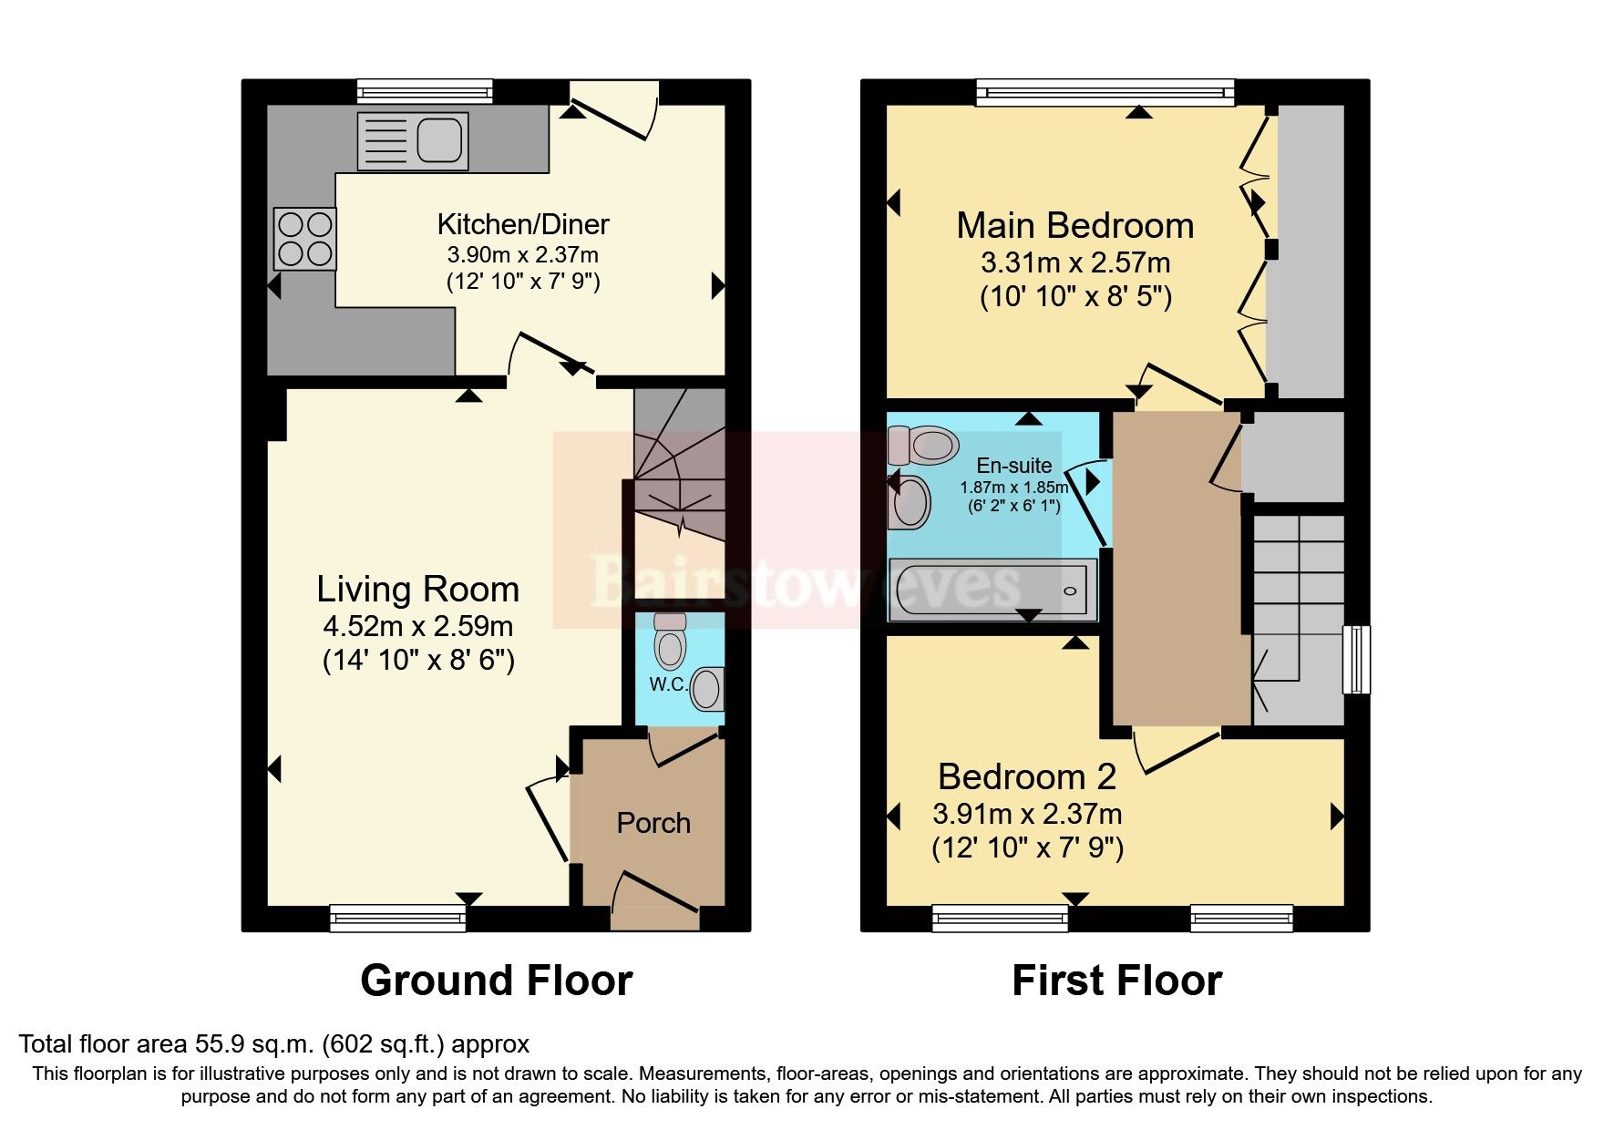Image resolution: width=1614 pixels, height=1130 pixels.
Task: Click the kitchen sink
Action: tap(413, 141)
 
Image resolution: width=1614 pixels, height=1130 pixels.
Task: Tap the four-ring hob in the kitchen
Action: tap(305, 239)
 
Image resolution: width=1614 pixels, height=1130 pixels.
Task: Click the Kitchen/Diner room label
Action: tap(522, 224)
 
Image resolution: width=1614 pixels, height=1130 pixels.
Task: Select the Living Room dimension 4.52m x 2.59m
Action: tap(417, 626)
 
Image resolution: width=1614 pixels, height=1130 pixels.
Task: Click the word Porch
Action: tap(653, 823)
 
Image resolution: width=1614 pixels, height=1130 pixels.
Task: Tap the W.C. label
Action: tap(668, 684)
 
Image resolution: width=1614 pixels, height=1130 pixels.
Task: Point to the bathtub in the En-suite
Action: tap(992, 590)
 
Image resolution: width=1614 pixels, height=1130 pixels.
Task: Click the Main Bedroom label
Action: tap(1074, 225)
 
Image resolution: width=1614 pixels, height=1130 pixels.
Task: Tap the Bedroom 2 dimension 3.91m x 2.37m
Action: tap(1027, 814)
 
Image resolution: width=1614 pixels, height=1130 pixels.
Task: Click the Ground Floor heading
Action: tap(496, 981)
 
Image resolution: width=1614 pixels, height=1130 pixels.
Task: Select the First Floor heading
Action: tap(1116, 981)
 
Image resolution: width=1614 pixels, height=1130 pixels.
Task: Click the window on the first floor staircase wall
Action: tap(1357, 659)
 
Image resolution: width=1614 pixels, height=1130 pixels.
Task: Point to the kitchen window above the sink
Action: tap(424, 90)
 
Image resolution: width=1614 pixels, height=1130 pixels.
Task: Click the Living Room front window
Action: tap(397, 918)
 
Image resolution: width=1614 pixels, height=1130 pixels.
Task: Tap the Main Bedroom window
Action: tap(1105, 91)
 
